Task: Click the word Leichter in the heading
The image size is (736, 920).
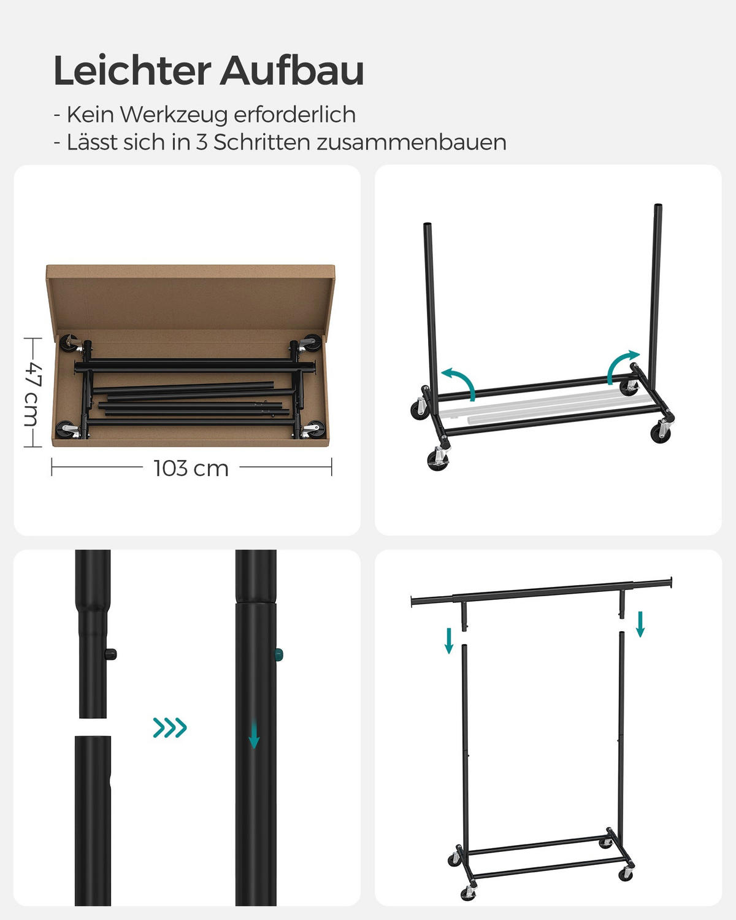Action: (x=132, y=71)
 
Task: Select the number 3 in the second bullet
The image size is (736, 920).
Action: (x=202, y=142)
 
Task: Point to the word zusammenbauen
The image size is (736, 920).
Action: (x=412, y=142)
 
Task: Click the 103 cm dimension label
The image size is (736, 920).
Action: (x=191, y=469)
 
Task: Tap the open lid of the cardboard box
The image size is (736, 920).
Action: (x=190, y=297)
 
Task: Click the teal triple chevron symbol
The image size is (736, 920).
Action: (x=170, y=728)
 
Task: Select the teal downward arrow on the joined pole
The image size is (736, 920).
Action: (x=254, y=735)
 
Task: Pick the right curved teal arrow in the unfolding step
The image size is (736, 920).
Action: (x=622, y=367)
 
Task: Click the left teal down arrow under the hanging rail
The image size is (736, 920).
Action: (x=449, y=640)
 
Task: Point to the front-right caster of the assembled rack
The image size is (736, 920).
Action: (x=626, y=873)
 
